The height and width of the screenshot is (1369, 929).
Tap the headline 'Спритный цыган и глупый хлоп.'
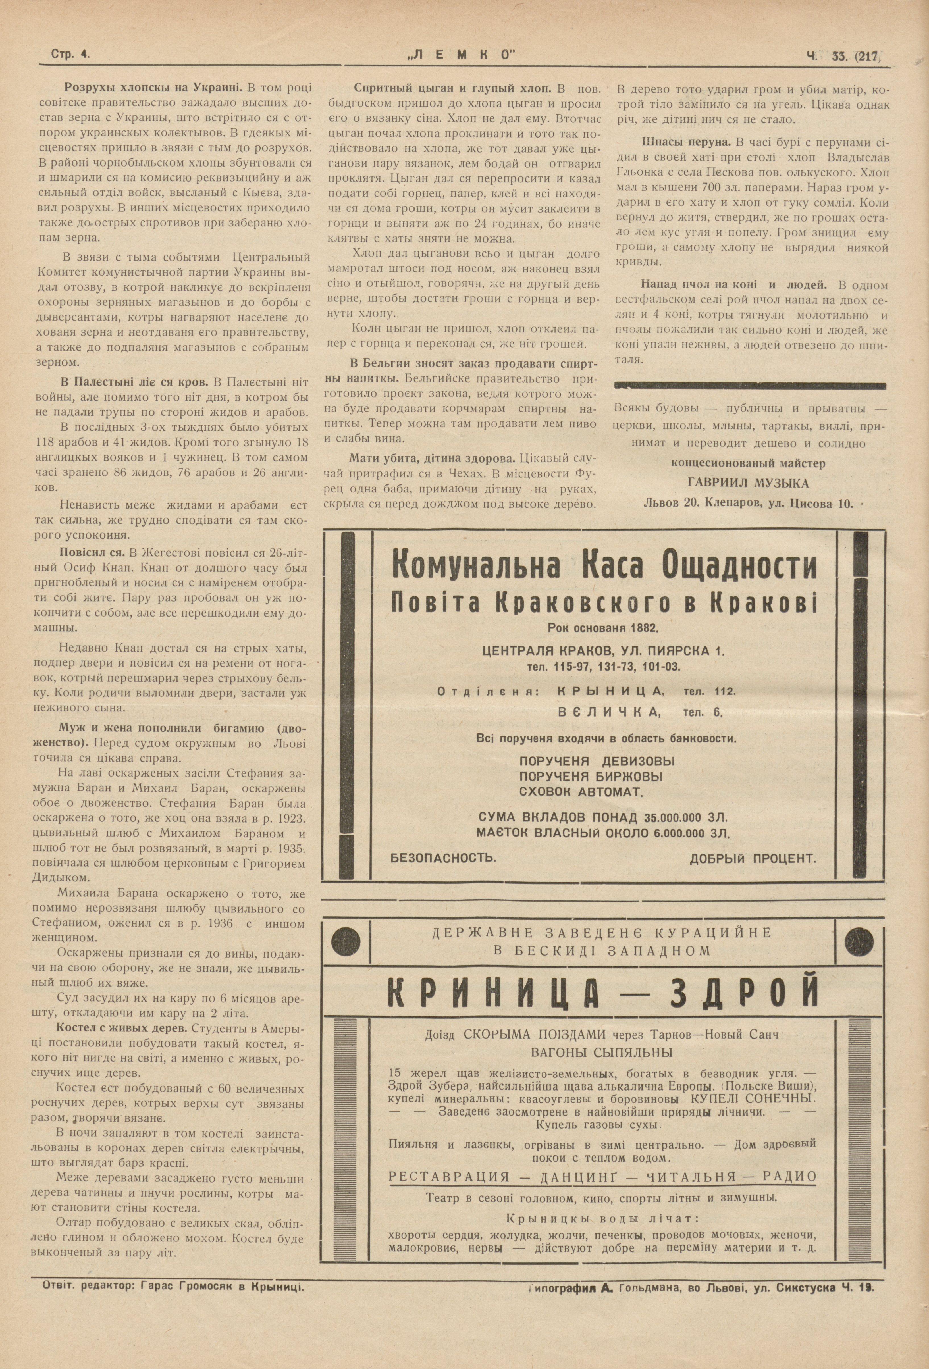(452, 88)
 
